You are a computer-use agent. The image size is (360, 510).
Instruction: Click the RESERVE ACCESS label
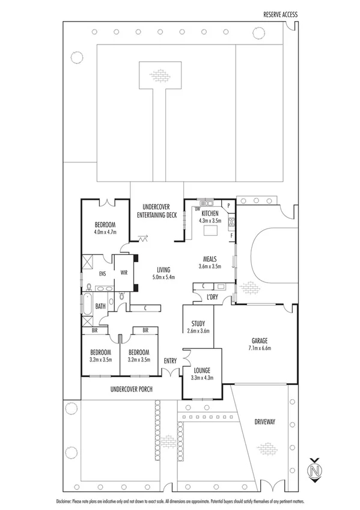point(280,14)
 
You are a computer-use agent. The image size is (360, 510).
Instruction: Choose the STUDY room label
point(198,323)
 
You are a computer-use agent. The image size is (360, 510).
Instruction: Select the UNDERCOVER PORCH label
point(131,389)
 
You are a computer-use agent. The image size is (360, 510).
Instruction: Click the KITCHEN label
point(210,214)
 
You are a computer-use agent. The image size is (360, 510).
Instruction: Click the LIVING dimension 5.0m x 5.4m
point(164,277)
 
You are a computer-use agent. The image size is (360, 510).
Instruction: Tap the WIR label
point(124,272)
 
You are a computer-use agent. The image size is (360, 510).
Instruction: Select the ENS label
point(93,272)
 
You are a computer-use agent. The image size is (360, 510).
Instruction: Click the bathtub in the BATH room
point(87,307)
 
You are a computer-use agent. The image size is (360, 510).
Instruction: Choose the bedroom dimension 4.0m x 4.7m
point(104,232)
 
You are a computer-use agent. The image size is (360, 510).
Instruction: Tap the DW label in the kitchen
point(198,209)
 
